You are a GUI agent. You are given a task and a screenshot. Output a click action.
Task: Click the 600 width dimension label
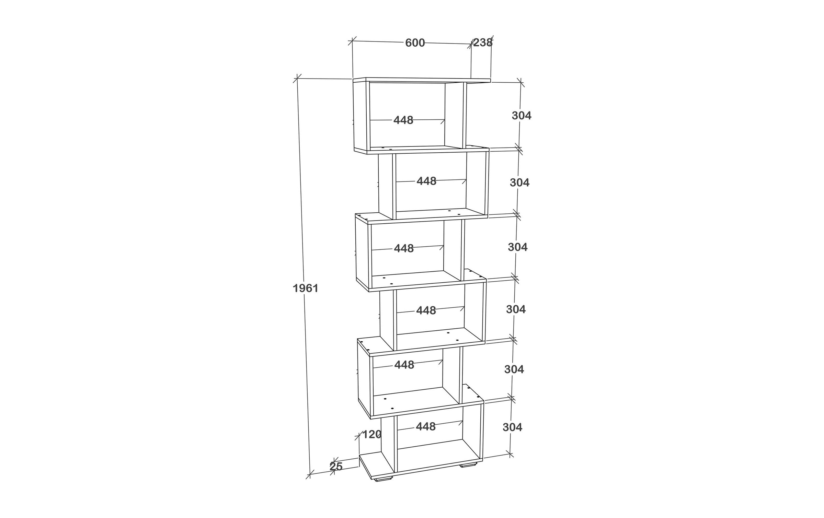(415, 43)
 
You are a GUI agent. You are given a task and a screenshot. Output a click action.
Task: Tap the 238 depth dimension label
(483, 43)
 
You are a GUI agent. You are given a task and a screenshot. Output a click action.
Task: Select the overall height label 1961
(306, 289)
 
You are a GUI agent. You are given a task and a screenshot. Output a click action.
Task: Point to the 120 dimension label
(372, 435)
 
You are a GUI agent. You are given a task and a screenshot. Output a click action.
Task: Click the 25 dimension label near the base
(336, 467)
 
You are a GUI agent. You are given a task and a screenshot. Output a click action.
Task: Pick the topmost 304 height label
(522, 116)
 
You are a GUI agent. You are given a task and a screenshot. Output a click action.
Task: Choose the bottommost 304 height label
(512, 427)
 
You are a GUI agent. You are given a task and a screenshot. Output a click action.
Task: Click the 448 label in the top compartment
(403, 120)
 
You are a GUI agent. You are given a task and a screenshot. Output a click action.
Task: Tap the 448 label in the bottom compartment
(426, 426)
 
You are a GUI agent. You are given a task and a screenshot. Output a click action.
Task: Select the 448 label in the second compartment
(426, 181)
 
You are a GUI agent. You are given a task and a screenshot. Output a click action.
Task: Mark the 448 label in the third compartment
(404, 248)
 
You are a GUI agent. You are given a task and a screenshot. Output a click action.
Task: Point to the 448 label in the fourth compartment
(426, 310)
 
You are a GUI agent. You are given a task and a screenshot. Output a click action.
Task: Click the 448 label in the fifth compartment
(404, 365)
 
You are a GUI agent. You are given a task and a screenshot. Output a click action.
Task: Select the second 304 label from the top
(519, 183)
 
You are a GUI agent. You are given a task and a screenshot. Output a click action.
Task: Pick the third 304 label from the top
(518, 247)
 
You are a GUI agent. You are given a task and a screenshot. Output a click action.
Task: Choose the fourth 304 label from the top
(516, 309)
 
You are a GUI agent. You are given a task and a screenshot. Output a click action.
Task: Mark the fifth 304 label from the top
(514, 369)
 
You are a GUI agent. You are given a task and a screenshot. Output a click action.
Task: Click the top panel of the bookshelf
(422, 80)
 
